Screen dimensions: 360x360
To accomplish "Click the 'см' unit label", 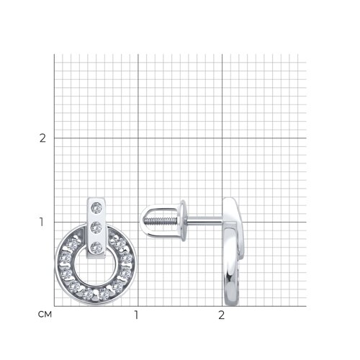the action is pos(45,314).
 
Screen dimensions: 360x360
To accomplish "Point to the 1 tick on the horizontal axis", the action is pos(136,315).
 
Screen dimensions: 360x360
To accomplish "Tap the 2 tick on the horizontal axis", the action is pos(221,315).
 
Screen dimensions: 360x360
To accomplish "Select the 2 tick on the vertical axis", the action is pos(42,138).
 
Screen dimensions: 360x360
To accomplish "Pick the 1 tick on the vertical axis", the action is pos(42,222).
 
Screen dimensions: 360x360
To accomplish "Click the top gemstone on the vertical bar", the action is pos(96,208).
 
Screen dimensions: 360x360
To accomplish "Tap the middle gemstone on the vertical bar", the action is pos(96,228).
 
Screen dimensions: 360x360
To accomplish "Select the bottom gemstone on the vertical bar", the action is pos(96,248).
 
